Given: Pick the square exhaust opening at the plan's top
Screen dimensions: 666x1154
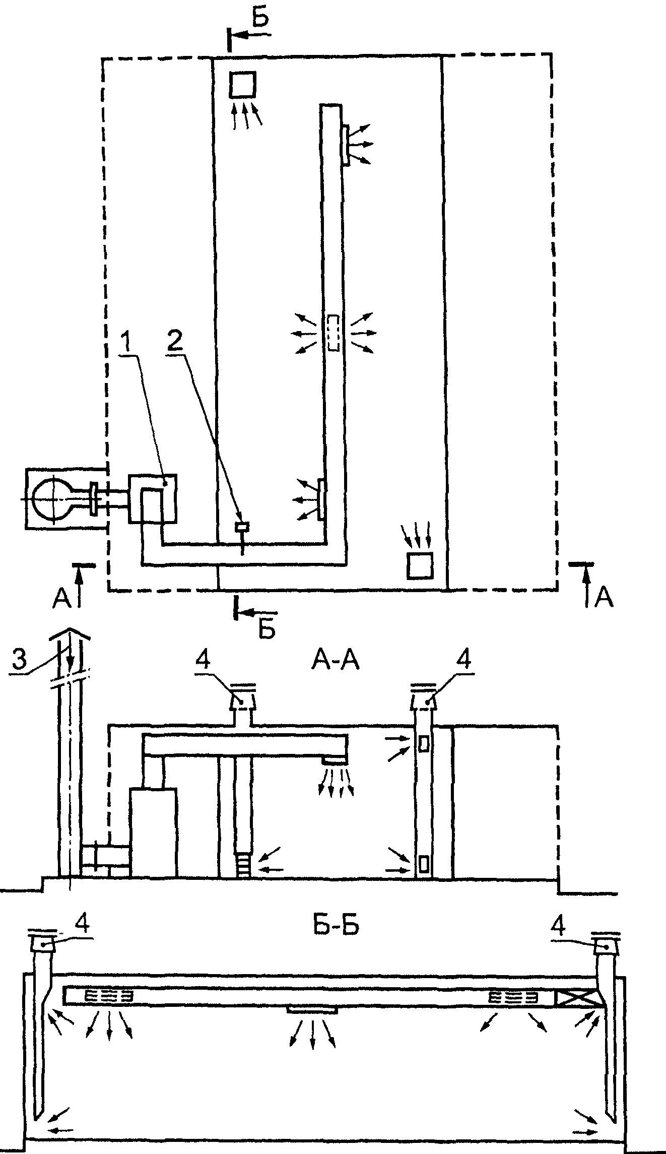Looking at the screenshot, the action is coord(243,85).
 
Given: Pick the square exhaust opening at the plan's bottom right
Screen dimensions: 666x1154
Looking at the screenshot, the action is coord(420,565).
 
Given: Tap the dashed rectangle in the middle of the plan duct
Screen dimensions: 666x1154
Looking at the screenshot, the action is coord(334,333).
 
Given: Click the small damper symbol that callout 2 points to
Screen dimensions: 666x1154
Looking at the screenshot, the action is coord(242,527).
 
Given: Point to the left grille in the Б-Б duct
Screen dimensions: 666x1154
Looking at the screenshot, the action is coord(109,995).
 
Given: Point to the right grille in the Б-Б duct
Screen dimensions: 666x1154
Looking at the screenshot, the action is coord(513,995).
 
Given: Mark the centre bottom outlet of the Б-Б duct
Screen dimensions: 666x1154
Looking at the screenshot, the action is coord(312,1010).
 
